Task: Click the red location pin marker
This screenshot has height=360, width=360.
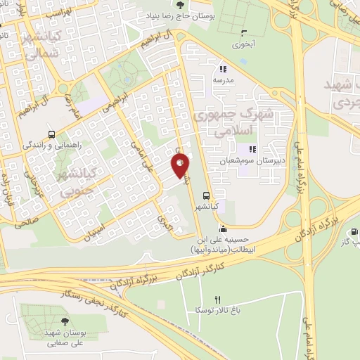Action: click(180, 167)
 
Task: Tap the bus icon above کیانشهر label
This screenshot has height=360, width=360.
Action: click(206, 196)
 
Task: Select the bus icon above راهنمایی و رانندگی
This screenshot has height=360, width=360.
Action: click(51, 134)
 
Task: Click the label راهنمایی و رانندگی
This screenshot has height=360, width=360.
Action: click(51, 144)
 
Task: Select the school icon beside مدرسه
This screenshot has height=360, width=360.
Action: click(222, 69)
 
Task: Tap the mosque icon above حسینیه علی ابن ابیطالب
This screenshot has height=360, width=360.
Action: click(223, 229)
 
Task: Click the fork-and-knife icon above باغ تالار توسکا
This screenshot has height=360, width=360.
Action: click(217, 300)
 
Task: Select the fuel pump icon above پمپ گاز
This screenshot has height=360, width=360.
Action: click(354, 232)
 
